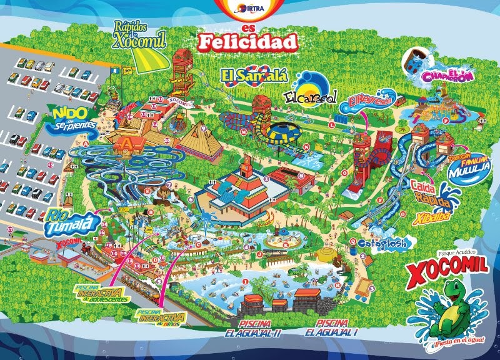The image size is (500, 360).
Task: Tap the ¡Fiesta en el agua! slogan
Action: (448, 341)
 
